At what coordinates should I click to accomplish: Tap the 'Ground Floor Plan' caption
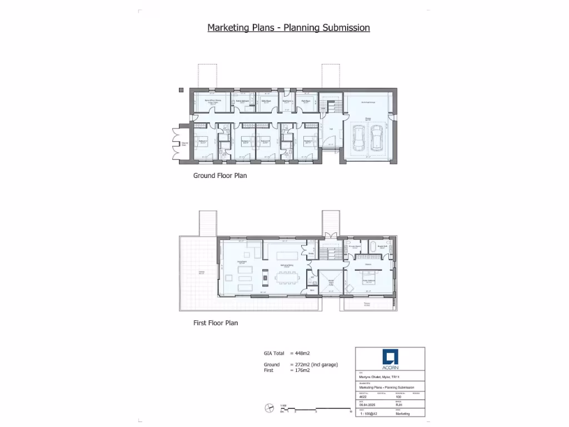point(219,176)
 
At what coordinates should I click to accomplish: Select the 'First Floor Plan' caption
point(216,322)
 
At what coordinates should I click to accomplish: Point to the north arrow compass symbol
point(269,408)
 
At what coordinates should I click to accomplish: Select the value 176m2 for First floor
point(300,370)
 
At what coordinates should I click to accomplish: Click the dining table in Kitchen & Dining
point(287,275)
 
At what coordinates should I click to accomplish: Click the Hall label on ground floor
point(330,129)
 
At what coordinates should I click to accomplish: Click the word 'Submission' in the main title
point(342,27)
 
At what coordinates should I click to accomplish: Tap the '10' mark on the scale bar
point(351,412)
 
